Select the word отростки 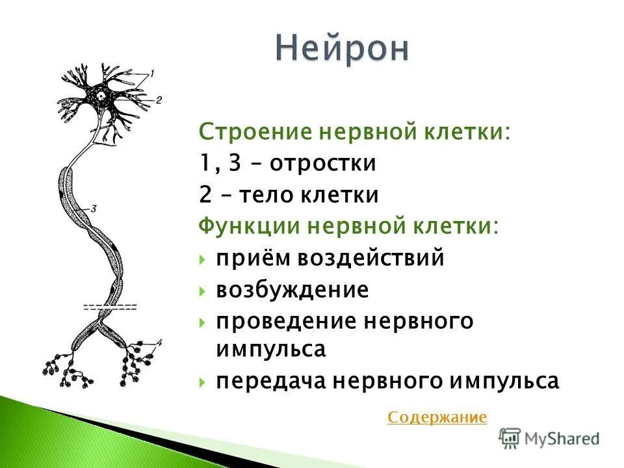pyautogui.click(x=323, y=163)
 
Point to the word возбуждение pyautogui.click(x=292, y=290)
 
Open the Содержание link pyautogui.click(x=437, y=417)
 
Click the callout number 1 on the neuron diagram pyautogui.click(x=151, y=74)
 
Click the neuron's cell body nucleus pyautogui.click(x=103, y=96)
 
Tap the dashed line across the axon pyautogui.click(x=110, y=307)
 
